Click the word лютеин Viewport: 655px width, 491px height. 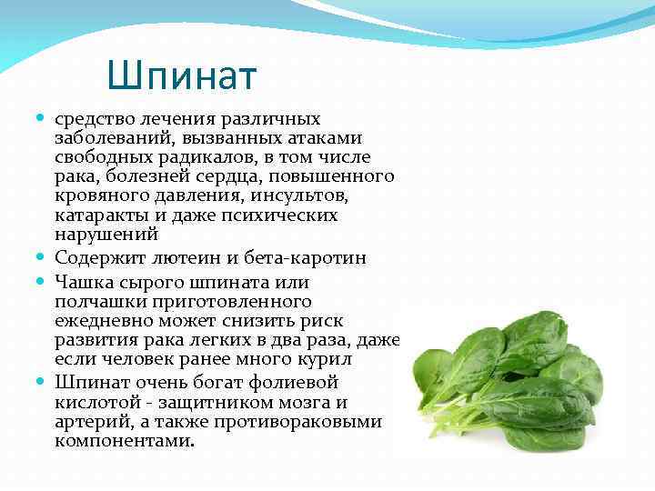[184, 258]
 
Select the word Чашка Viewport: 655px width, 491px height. [80, 283]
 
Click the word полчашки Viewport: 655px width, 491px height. [94, 301]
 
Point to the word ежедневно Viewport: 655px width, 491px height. [98, 321]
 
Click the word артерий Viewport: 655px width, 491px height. [88, 422]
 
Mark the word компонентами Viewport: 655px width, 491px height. [125, 441]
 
